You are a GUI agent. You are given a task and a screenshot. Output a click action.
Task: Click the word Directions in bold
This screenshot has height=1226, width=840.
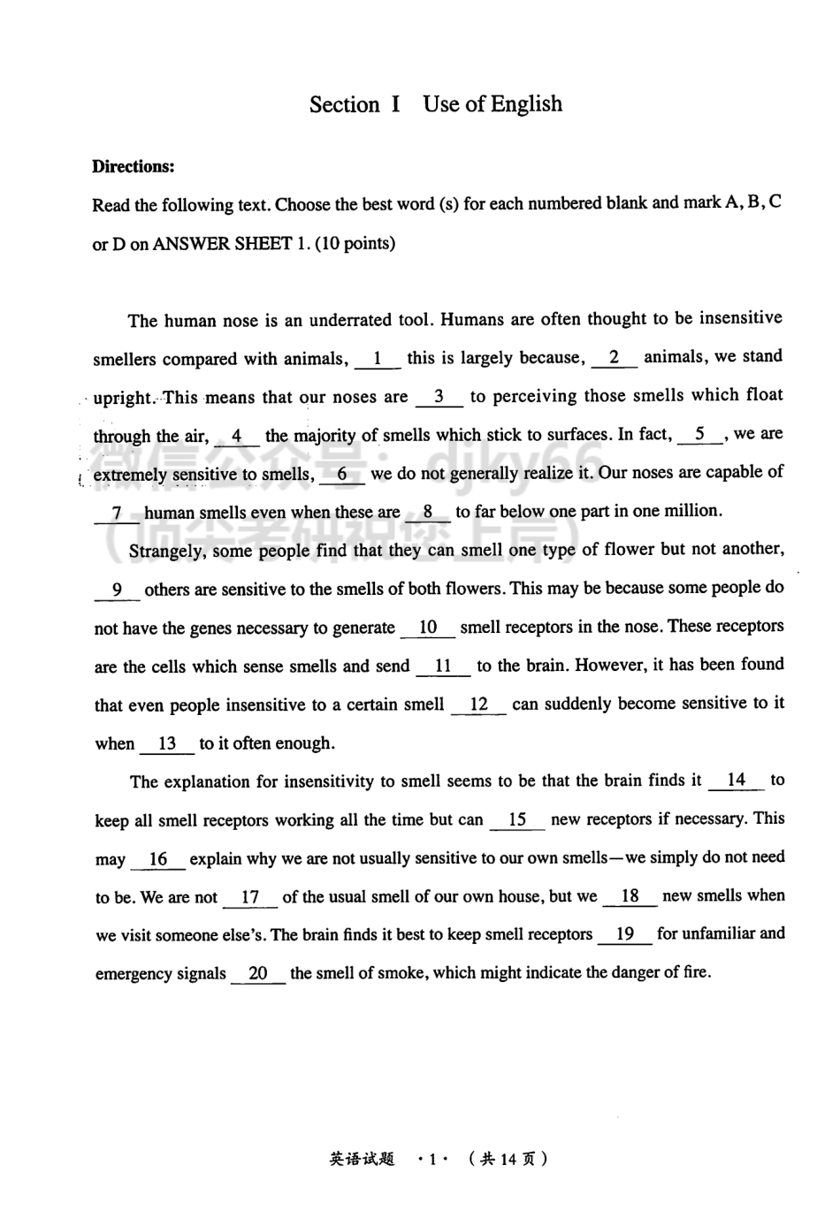134,166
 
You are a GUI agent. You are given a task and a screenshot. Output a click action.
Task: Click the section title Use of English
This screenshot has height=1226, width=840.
493,104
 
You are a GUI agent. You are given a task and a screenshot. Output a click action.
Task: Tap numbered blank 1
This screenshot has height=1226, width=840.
378,359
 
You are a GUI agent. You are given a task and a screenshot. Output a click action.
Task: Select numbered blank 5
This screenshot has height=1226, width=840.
700,434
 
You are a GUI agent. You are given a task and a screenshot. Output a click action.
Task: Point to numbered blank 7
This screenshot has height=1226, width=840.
117,513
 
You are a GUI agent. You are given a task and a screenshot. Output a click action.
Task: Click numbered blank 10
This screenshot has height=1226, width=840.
428,628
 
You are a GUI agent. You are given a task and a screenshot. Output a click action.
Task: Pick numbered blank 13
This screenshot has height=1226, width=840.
167,743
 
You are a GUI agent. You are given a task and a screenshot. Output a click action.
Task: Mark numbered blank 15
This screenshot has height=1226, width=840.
517,819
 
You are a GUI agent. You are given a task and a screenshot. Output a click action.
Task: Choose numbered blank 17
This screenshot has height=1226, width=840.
250,897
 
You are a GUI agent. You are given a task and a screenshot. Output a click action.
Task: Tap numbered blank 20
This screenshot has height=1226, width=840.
258,973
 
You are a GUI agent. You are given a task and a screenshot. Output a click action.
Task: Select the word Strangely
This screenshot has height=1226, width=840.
166,551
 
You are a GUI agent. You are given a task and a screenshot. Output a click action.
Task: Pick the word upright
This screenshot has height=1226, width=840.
124,398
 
